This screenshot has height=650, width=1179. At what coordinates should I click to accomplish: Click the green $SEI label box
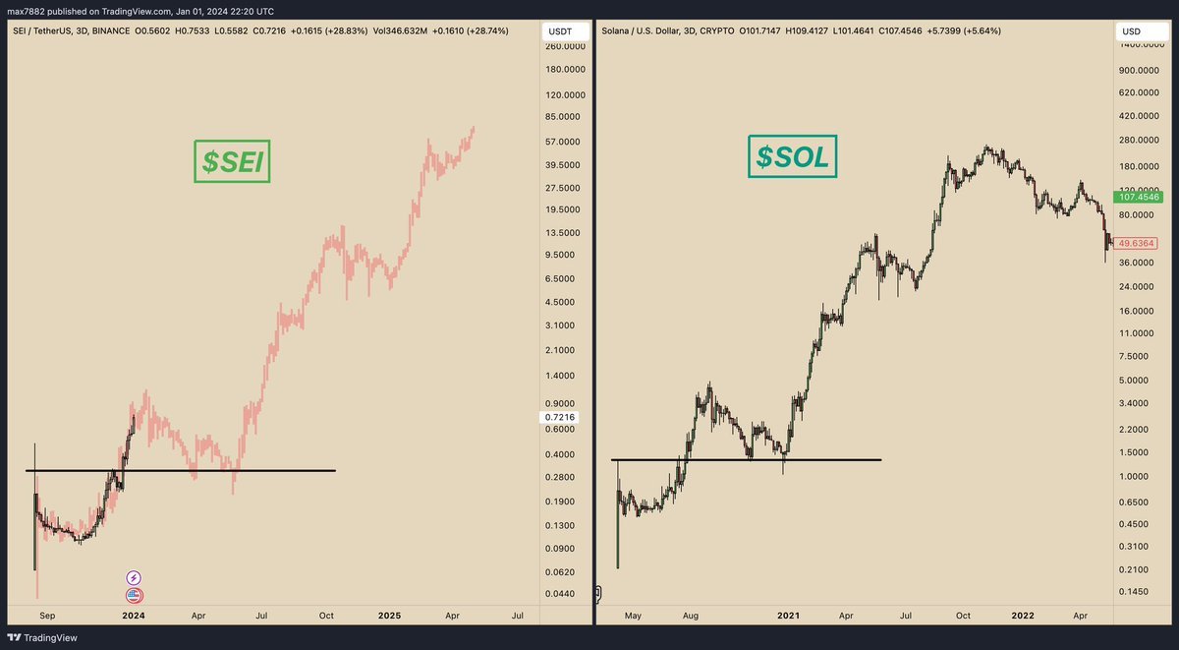231,162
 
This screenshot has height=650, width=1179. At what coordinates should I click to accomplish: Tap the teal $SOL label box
792,156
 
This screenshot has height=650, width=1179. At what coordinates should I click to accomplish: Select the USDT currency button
559,32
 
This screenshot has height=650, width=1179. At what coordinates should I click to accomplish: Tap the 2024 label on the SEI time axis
133,616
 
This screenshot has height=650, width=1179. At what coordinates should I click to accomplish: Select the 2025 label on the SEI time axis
389,616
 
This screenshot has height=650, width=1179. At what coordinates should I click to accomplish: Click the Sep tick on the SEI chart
45,616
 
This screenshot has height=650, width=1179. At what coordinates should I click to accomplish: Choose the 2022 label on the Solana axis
1023,616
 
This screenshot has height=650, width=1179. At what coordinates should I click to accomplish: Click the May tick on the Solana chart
633,616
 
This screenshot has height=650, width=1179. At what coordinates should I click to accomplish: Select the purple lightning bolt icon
134,578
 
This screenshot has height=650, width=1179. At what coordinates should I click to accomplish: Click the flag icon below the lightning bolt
134,595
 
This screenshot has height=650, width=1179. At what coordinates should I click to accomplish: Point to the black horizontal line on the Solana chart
747,459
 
